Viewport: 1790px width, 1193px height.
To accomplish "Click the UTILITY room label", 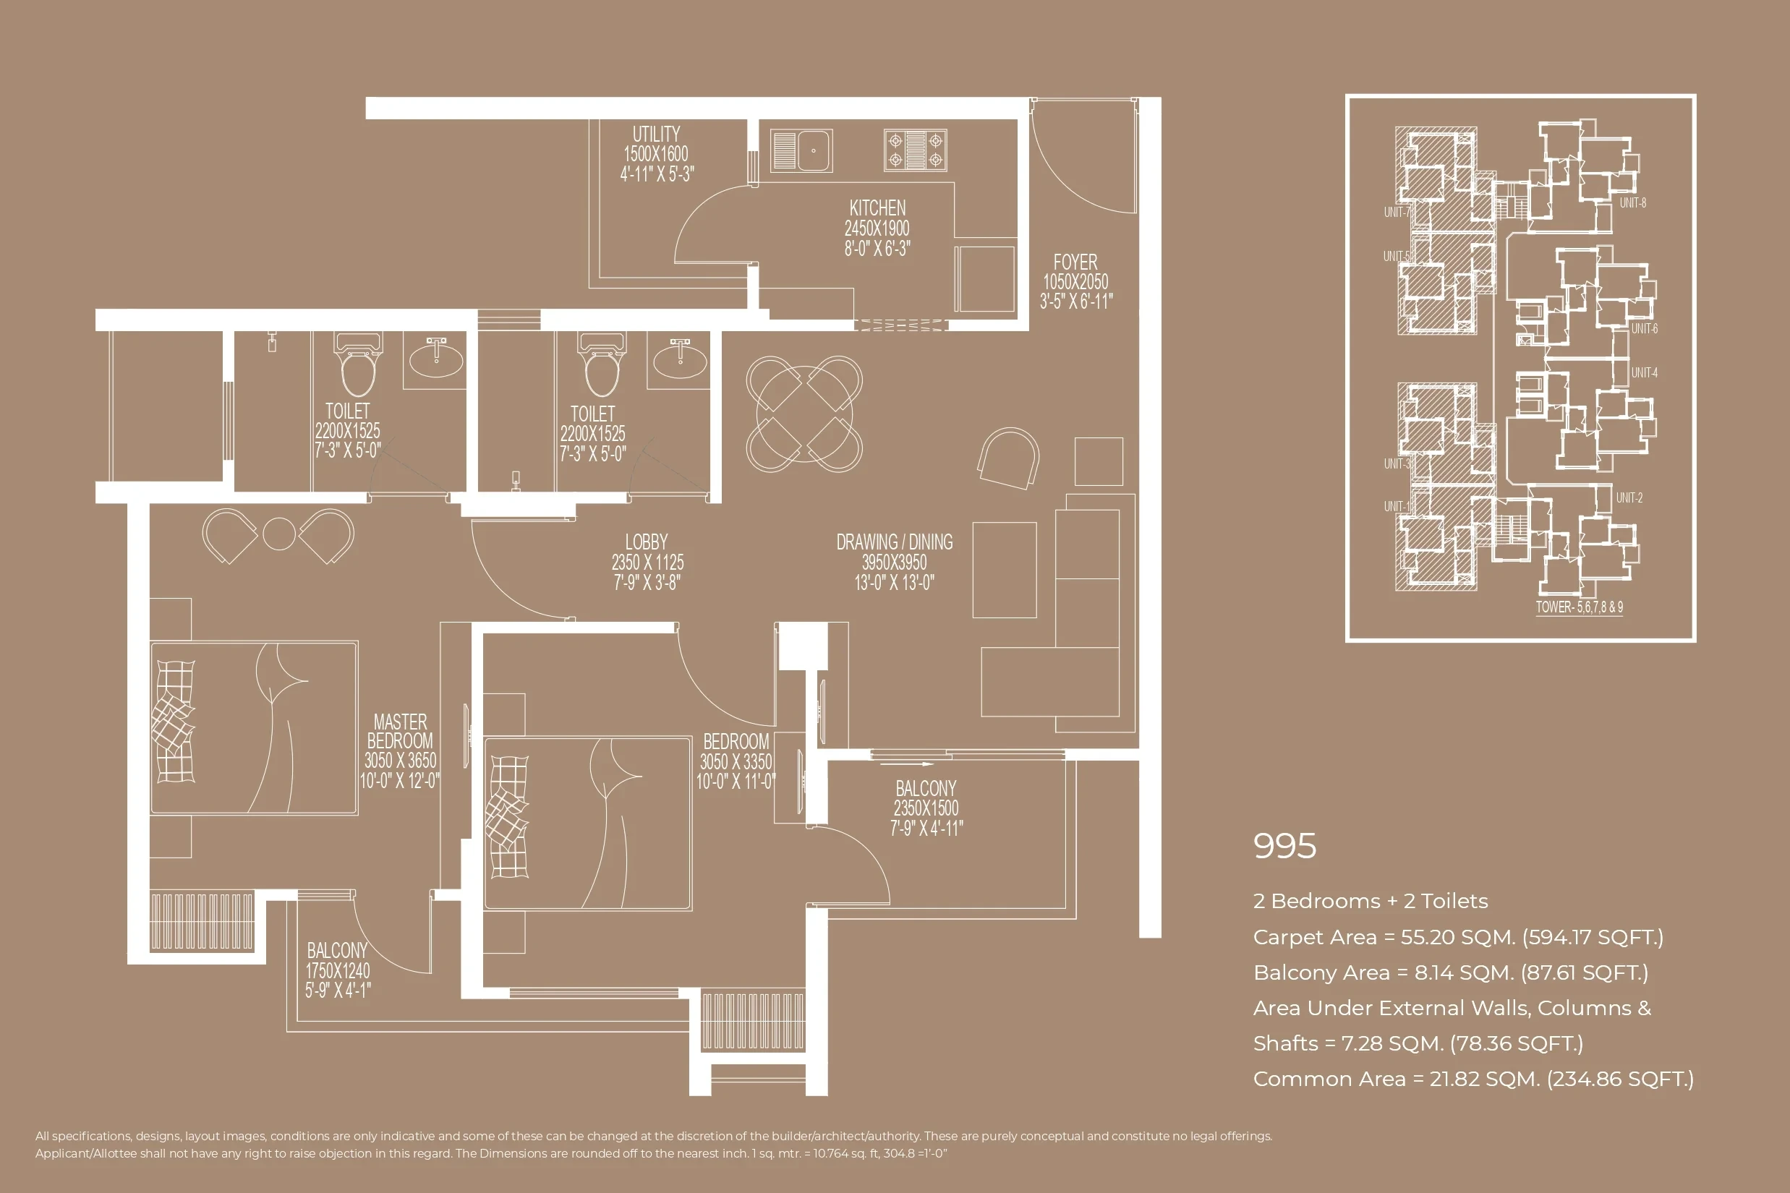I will [656, 134].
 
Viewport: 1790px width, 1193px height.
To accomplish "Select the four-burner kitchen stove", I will [915, 150].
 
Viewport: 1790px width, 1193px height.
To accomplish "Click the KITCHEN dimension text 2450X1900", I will [877, 228].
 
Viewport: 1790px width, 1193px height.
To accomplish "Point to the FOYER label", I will [1075, 262].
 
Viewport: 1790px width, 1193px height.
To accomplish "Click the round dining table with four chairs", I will [804, 414].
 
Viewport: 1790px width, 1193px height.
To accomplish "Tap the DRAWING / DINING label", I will [894, 542].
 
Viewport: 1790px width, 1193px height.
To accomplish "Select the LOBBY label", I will [646, 542].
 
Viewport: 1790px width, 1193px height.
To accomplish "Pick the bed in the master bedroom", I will [253, 728].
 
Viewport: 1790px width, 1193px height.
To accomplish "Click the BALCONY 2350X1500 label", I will [926, 789].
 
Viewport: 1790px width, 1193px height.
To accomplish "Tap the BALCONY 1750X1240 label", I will [337, 951].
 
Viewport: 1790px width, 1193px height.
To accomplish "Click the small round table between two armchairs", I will [278, 534].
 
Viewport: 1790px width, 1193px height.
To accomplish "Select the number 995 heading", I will [1284, 846].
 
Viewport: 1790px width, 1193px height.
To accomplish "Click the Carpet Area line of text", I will [1457, 937].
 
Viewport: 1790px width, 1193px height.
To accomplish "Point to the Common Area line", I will [1473, 1079].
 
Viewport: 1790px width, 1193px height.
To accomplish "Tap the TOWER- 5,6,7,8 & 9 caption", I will [1580, 607].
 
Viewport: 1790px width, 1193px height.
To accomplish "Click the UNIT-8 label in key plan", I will [1632, 203].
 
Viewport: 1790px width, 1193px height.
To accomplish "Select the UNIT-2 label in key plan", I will [1629, 497].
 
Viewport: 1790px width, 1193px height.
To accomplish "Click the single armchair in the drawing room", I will [1008, 457].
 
